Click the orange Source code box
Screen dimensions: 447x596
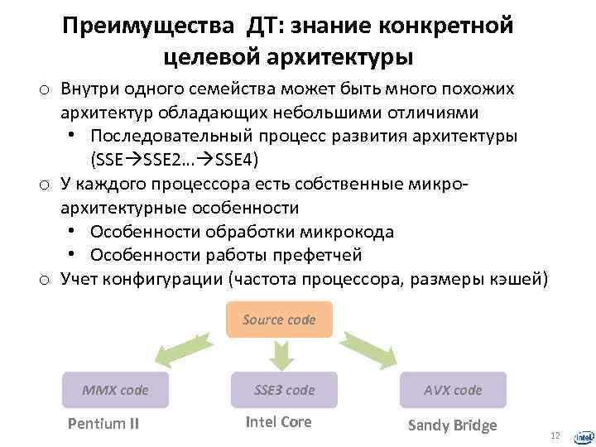(279, 320)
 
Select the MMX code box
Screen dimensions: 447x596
(115, 390)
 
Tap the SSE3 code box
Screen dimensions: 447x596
(284, 390)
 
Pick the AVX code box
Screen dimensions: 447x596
(453, 390)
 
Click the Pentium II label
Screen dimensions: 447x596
(103, 425)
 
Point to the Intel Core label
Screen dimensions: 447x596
(279, 422)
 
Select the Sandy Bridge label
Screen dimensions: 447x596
(453, 425)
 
